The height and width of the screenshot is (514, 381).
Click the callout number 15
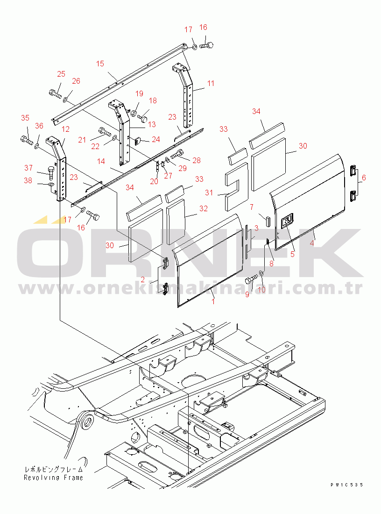click(x=100, y=64)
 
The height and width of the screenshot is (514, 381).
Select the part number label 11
click(x=211, y=83)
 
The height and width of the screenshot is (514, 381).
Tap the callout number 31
click(x=209, y=193)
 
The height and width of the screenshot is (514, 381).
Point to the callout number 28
click(x=197, y=160)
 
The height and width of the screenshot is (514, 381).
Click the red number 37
click(x=28, y=168)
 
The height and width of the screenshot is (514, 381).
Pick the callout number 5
click(x=292, y=254)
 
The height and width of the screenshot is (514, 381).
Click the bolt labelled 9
click(x=251, y=281)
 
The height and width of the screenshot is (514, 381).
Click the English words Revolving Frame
click(x=53, y=478)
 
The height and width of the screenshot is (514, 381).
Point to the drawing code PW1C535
click(x=346, y=485)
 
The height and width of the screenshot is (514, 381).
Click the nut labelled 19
click(x=134, y=114)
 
